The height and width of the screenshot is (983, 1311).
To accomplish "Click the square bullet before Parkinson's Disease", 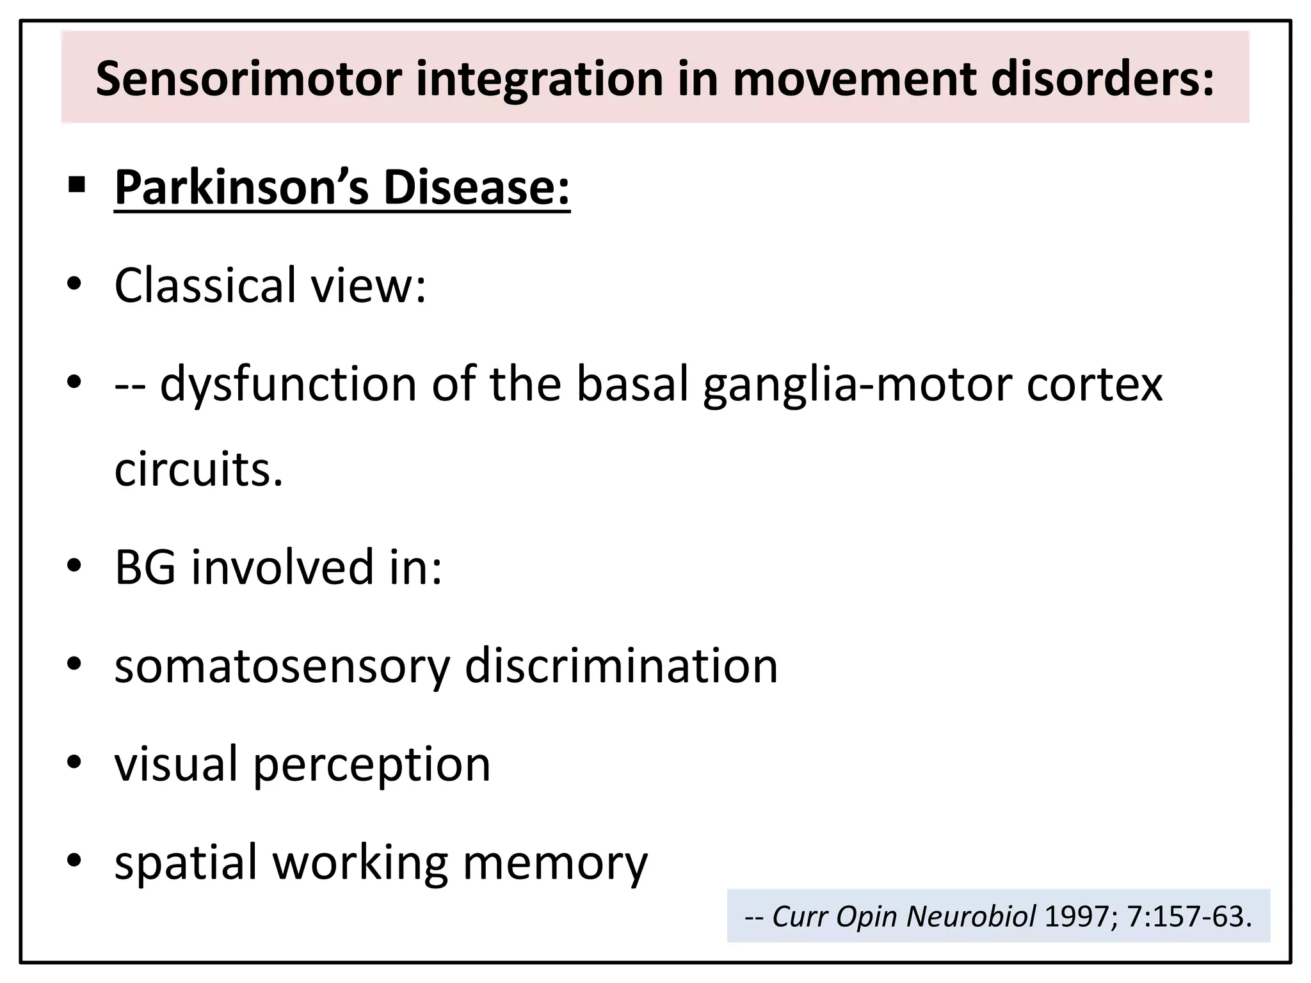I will pos(76,186).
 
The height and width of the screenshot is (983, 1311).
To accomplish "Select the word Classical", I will pos(205,285).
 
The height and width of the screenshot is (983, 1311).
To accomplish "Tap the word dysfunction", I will pos(289,384).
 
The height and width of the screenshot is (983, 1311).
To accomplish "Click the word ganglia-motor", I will pos(858,385).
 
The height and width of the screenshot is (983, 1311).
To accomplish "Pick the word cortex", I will pos(1095,384).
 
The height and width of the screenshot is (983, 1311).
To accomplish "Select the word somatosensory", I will pos(282,666).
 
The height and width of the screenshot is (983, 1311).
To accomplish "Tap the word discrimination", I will pos(621,666).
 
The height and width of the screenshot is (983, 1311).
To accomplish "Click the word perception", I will pos(372,765).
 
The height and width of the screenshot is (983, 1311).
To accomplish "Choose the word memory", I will pos(555,863).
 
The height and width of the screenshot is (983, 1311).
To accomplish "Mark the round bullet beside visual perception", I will pos(75,762).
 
